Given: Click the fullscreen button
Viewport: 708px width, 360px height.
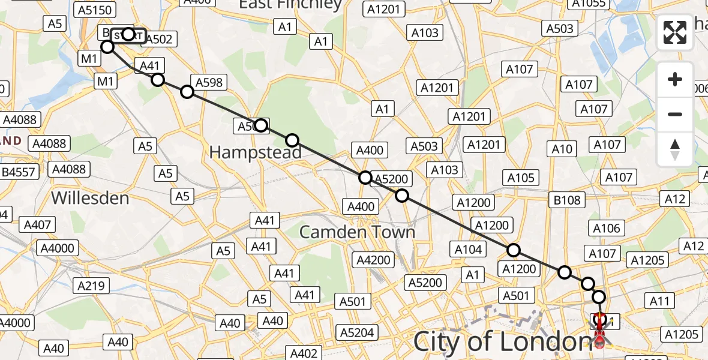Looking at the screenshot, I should tap(675, 32).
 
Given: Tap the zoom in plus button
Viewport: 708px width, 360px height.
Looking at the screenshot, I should tap(675, 79).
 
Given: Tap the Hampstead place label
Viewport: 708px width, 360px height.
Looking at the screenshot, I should tap(255, 153).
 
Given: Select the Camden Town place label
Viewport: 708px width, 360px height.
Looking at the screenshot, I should tap(357, 232).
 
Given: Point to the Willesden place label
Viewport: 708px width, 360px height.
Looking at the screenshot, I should tap(90, 197).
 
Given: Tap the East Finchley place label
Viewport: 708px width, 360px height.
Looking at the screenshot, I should tap(290, 5).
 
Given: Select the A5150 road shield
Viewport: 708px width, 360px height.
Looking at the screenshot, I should tap(95, 10).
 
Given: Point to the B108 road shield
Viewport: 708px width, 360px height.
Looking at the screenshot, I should tap(567, 200).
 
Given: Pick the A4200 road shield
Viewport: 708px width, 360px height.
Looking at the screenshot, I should tap(374, 260).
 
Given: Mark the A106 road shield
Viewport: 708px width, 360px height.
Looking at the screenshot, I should tap(606, 228).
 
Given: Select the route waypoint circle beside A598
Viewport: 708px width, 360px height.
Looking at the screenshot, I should tap(187, 92).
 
